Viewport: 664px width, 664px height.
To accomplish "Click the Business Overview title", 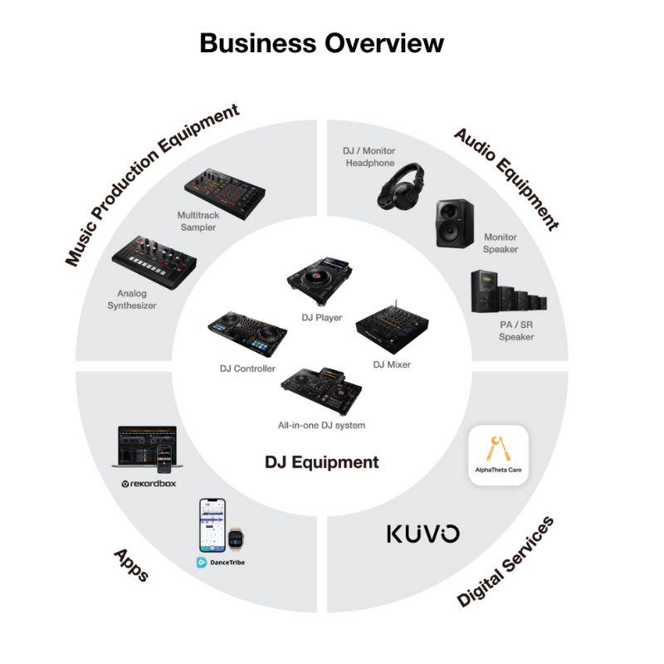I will (x=322, y=42).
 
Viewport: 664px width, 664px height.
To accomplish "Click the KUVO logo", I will (x=422, y=534).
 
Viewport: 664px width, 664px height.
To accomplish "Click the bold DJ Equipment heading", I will (x=322, y=463).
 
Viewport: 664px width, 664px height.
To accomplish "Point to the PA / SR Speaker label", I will (x=516, y=330).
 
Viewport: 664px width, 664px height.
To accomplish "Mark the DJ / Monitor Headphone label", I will (x=369, y=157).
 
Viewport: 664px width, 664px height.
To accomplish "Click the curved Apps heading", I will (x=130, y=564).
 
